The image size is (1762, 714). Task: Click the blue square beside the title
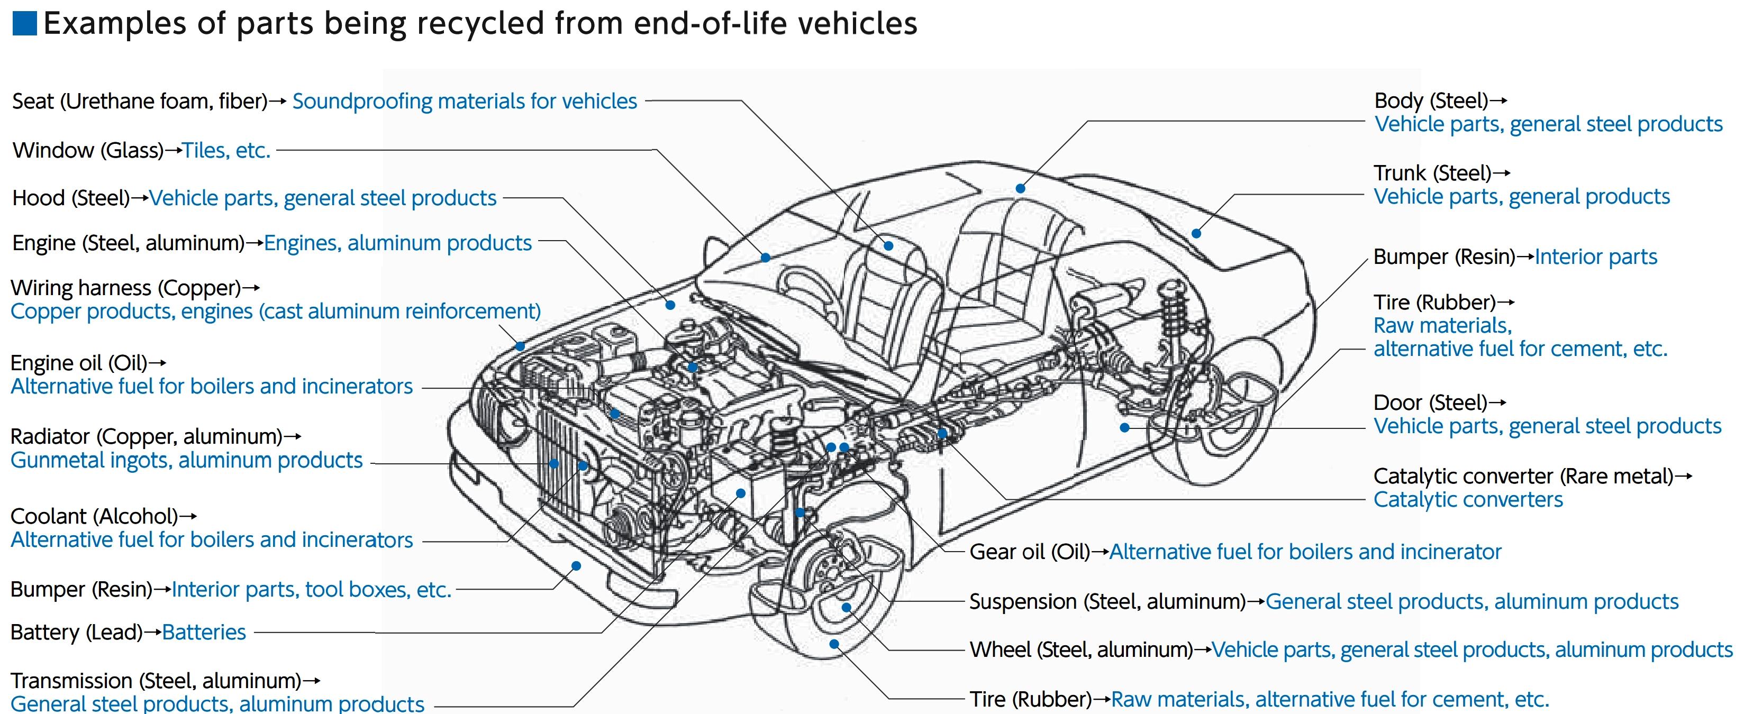pyautogui.click(x=25, y=23)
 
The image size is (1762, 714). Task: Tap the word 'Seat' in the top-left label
pyautogui.click(x=33, y=101)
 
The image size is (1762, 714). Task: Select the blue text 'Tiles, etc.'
pyautogui.click(x=226, y=150)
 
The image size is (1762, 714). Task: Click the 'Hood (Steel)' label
pyautogui.click(x=71, y=198)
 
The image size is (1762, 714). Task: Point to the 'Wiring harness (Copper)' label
pyautogui.click(x=126, y=288)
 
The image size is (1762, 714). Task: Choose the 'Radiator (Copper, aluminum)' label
pyautogui.click(x=147, y=436)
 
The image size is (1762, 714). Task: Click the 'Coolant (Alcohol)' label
pyautogui.click(x=94, y=516)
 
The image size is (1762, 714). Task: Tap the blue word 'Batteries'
pyautogui.click(x=204, y=633)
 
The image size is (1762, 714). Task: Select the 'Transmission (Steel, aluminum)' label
pyautogui.click(x=156, y=681)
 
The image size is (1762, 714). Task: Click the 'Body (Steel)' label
pyautogui.click(x=1431, y=101)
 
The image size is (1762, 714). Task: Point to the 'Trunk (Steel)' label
pyautogui.click(x=1432, y=173)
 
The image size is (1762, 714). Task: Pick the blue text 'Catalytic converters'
pyautogui.click(x=1468, y=500)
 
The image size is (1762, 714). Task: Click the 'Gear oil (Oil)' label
pyautogui.click(x=1030, y=552)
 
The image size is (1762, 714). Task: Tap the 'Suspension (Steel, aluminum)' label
pyautogui.click(x=1107, y=602)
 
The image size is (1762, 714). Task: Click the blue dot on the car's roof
pyautogui.click(x=1020, y=189)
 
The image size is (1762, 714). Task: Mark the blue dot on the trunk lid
pyautogui.click(x=1196, y=233)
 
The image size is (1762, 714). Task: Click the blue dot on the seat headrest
pyautogui.click(x=888, y=245)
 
